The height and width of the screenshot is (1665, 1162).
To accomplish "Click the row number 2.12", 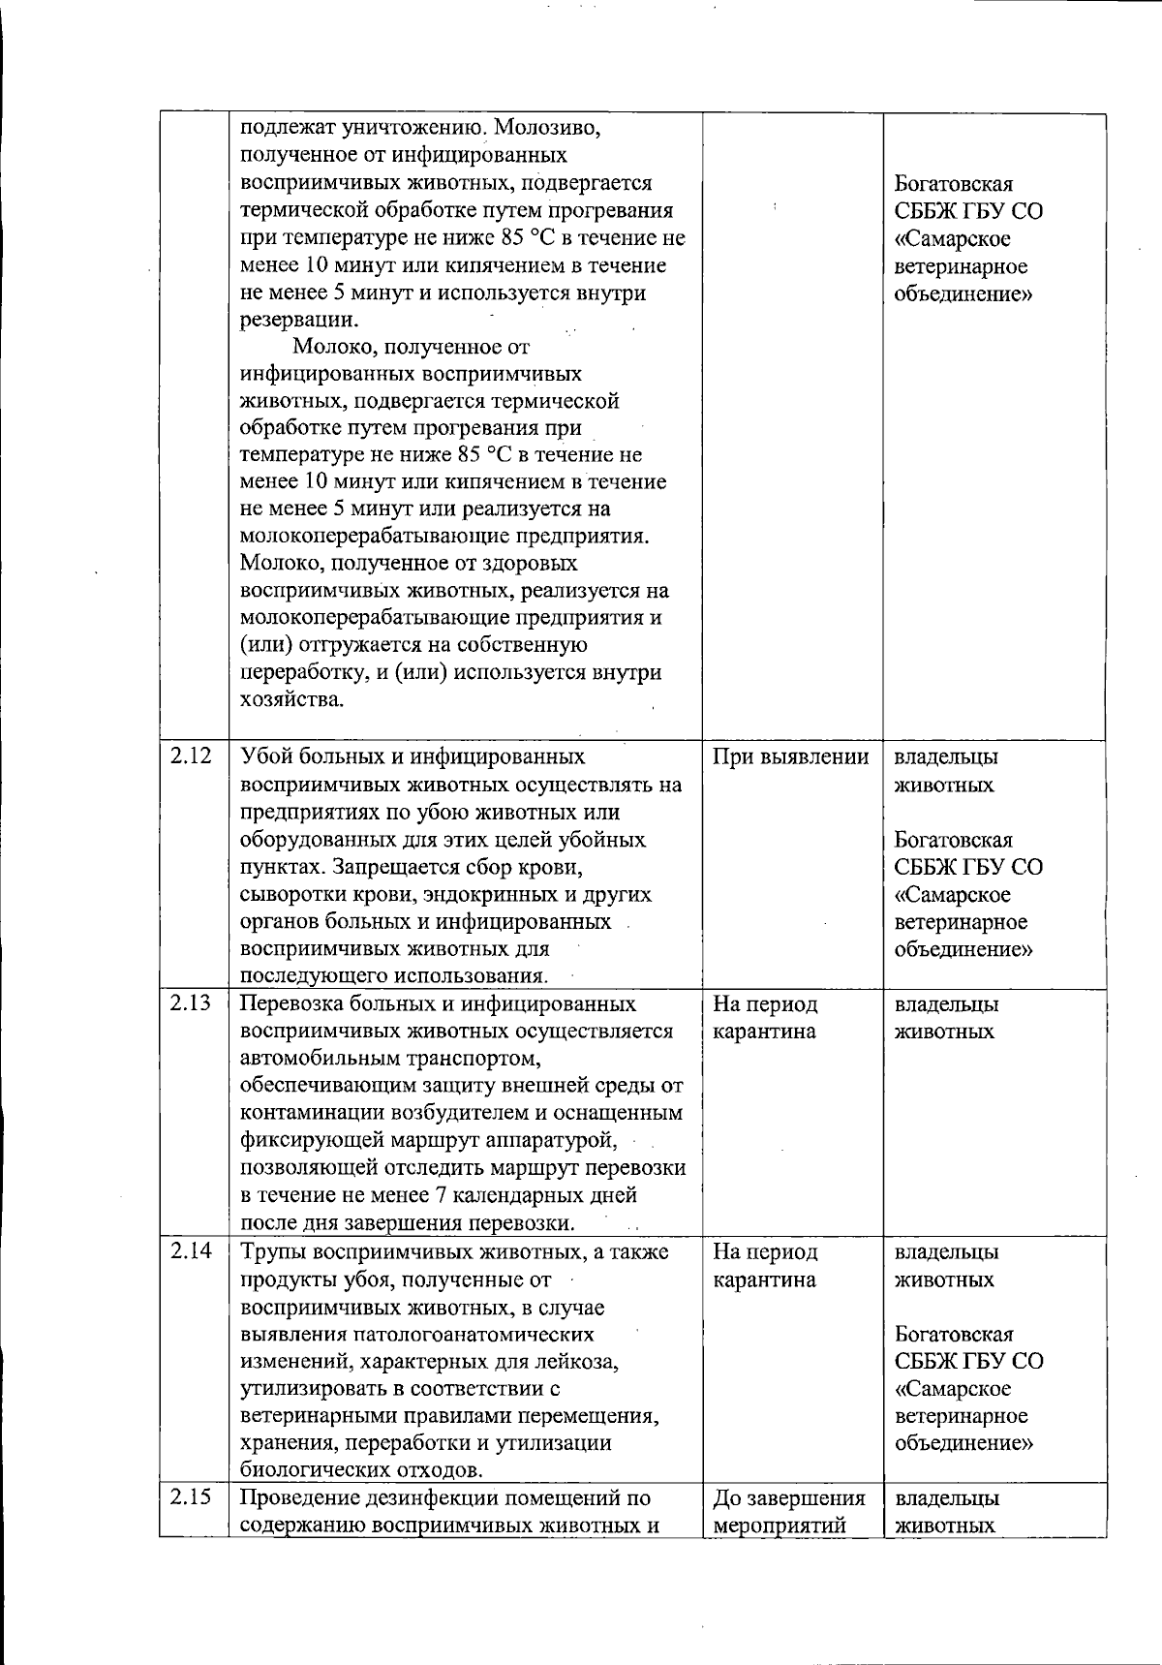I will coord(191,756).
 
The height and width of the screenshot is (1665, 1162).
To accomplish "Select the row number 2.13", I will coord(191,1003).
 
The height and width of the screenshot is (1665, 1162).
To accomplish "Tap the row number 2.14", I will coord(191,1251).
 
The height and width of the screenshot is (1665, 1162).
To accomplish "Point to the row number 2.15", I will coord(191,1498).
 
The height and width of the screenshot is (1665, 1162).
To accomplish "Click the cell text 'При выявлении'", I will coord(790,756).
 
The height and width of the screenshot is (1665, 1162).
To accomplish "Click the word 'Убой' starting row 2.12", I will coord(267,756).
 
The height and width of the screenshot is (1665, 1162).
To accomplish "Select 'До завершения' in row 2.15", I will coord(788,1498).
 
